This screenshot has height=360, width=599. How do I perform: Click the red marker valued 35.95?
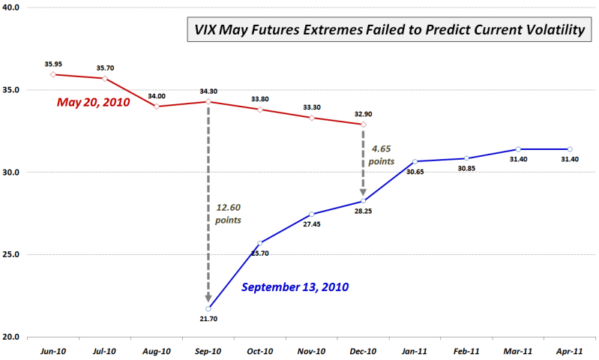(53, 74)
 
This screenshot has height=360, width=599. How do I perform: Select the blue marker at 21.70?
(208, 308)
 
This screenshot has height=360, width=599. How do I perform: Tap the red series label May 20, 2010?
(94, 103)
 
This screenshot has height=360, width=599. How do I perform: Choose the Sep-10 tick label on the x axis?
(208, 349)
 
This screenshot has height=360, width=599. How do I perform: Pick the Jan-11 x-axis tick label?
(415, 349)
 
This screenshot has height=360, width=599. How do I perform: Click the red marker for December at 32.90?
(363, 124)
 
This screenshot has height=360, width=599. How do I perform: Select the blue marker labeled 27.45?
(311, 214)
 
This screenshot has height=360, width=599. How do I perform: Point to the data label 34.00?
(157, 96)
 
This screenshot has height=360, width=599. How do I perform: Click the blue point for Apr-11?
(570, 149)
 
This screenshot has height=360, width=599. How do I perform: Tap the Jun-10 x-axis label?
(53, 349)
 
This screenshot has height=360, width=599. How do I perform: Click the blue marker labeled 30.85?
(466, 158)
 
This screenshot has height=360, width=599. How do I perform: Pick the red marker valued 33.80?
(259, 109)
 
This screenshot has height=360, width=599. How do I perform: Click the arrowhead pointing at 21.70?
(208, 298)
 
